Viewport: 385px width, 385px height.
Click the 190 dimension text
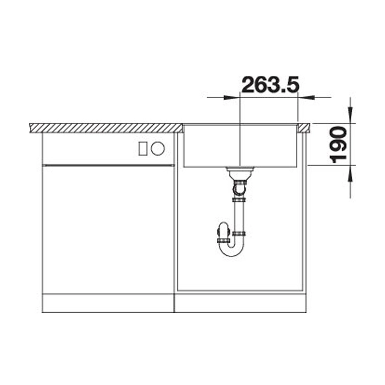pyautogui.click(x=339, y=145)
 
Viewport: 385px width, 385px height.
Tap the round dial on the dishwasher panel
pyautogui.click(x=158, y=148)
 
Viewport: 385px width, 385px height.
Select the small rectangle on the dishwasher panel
pyautogui.click(x=143, y=148)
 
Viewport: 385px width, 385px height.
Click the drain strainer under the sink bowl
pyautogui.click(x=239, y=169)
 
